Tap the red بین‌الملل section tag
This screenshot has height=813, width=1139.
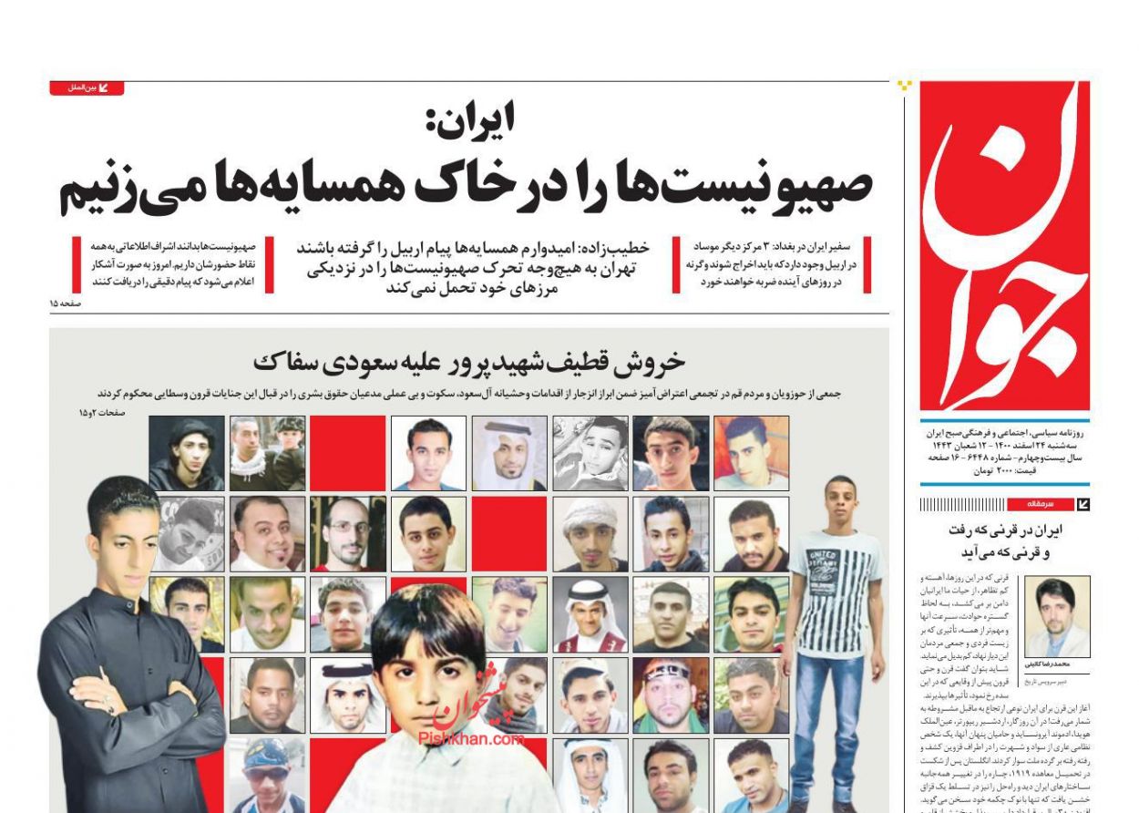tap(87, 88)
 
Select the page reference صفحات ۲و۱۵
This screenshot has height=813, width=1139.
tap(99, 413)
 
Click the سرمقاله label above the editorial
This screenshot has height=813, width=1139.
tap(1041, 504)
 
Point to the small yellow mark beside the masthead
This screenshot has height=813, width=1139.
tap(904, 86)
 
